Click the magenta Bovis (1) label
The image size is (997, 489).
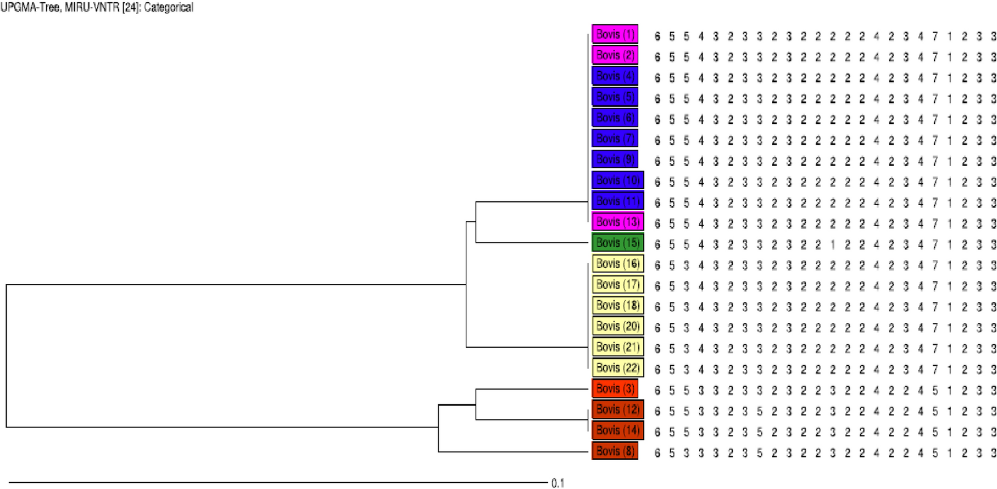click(x=614, y=34)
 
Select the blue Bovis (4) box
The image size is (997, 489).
click(x=614, y=76)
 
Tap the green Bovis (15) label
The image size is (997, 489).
click(x=617, y=243)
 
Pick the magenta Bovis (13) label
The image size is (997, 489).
click(x=617, y=222)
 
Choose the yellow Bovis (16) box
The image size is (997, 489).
click(x=617, y=264)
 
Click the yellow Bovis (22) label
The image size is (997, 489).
click(x=617, y=368)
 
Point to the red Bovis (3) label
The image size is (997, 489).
click(x=614, y=389)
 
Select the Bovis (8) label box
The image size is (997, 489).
click(x=614, y=451)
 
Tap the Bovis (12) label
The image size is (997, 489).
click(x=617, y=410)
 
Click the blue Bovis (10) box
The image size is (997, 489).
click(x=617, y=180)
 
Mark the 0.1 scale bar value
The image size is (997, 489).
click(x=558, y=483)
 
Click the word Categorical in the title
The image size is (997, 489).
click(x=169, y=8)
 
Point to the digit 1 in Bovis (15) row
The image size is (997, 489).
click(x=833, y=245)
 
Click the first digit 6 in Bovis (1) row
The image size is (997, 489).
click(x=657, y=37)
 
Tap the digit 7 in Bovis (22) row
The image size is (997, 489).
click(x=935, y=370)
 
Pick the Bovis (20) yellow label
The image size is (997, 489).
click(x=617, y=326)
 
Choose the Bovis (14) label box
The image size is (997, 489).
click(x=617, y=431)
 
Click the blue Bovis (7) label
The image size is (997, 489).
click(x=614, y=139)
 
